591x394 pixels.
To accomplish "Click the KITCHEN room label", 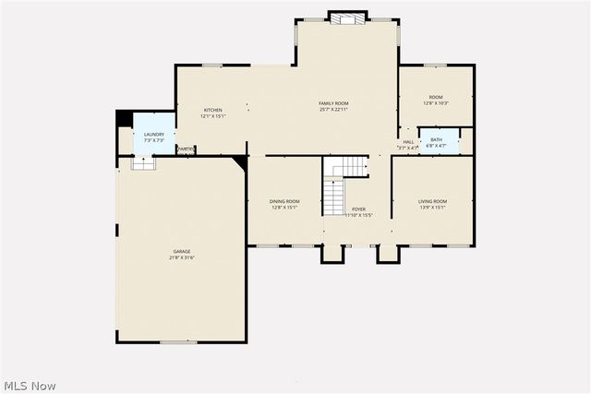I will point(213,110).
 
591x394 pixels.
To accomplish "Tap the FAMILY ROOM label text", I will point(332,103).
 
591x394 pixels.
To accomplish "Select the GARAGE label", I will point(181,251).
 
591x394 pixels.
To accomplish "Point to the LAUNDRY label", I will point(153,135).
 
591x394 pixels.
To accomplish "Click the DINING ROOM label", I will point(283,201).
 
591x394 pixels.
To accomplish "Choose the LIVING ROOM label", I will point(432,201).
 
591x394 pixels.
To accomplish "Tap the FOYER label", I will point(358,209).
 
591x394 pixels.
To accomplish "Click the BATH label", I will point(436,139).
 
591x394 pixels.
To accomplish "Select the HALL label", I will point(408,142).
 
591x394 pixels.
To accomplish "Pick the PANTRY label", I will point(185,149).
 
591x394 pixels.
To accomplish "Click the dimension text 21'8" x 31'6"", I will point(181,257).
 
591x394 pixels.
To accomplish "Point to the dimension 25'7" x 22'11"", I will point(332,110).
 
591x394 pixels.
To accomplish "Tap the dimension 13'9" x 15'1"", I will point(432,208).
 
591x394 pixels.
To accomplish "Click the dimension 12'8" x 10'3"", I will point(435,103).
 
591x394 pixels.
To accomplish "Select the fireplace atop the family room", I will point(346,18).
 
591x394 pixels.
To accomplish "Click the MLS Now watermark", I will point(30,384).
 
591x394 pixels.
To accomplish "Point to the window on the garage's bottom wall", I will point(178,342).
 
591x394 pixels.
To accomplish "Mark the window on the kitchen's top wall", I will point(212,65).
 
